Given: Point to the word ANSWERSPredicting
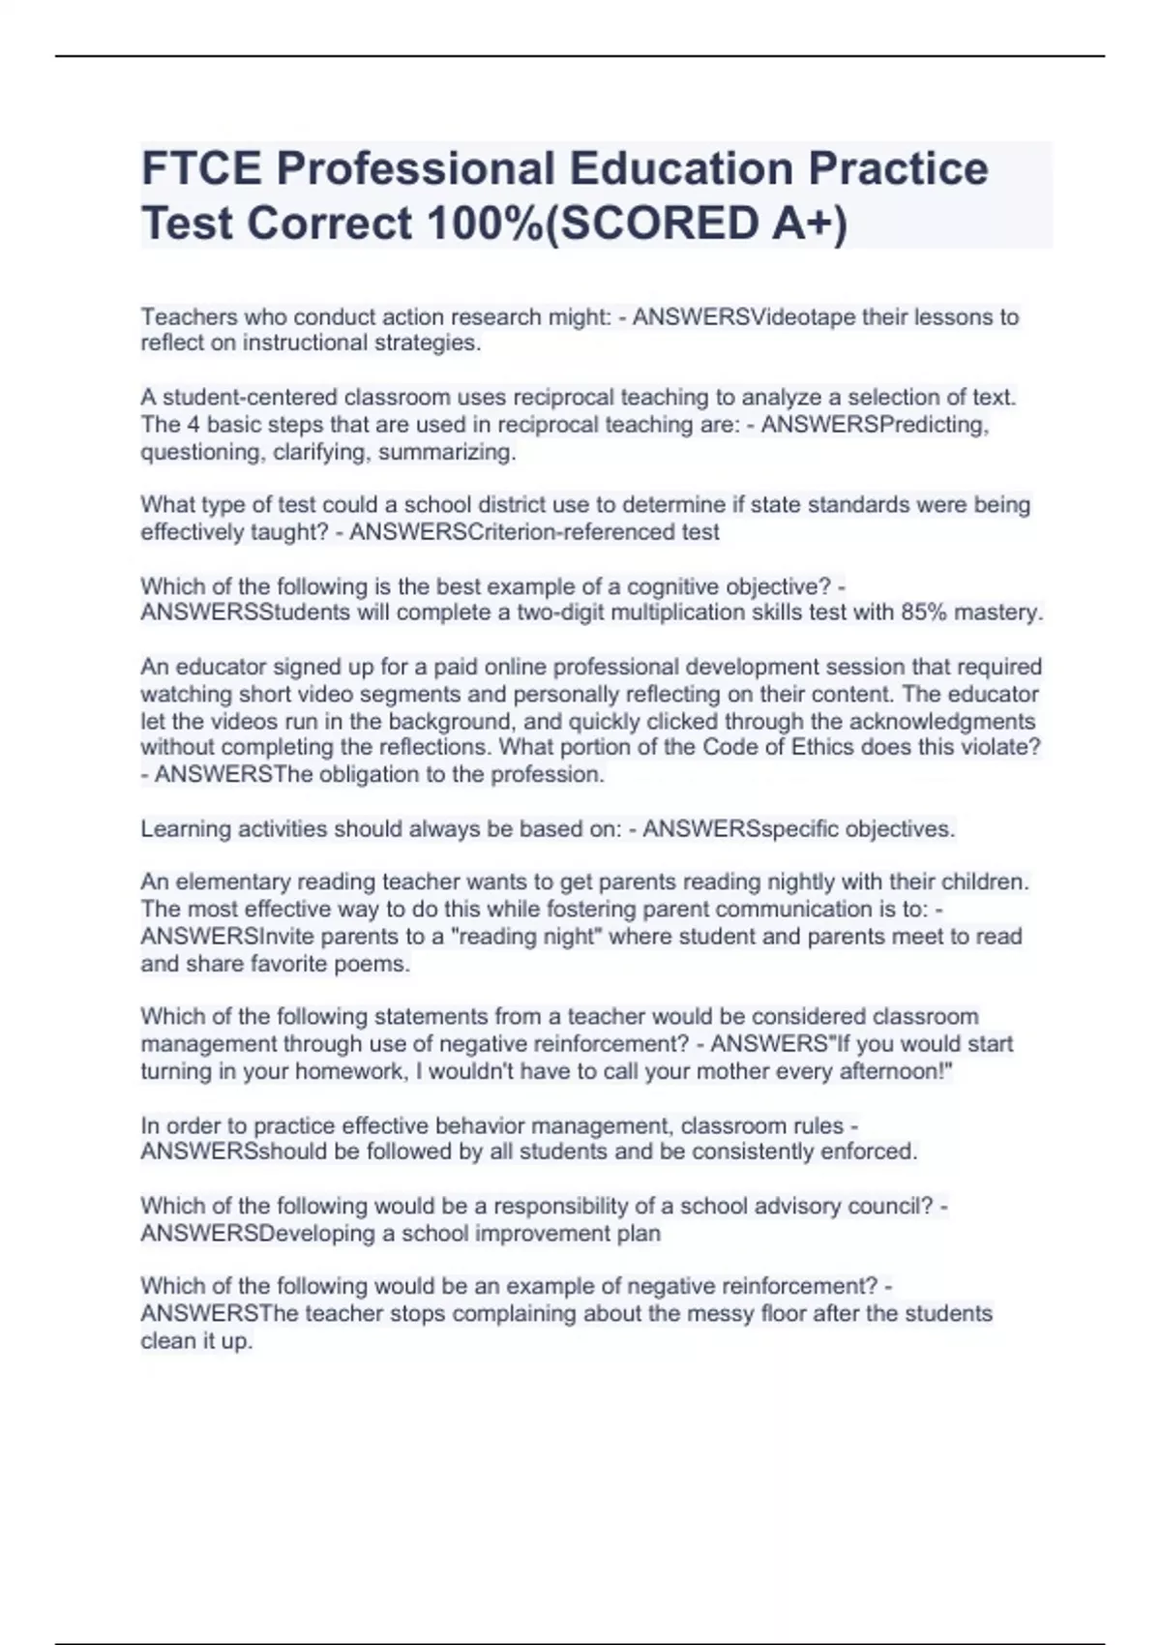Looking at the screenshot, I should pyautogui.click(x=875, y=425).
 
